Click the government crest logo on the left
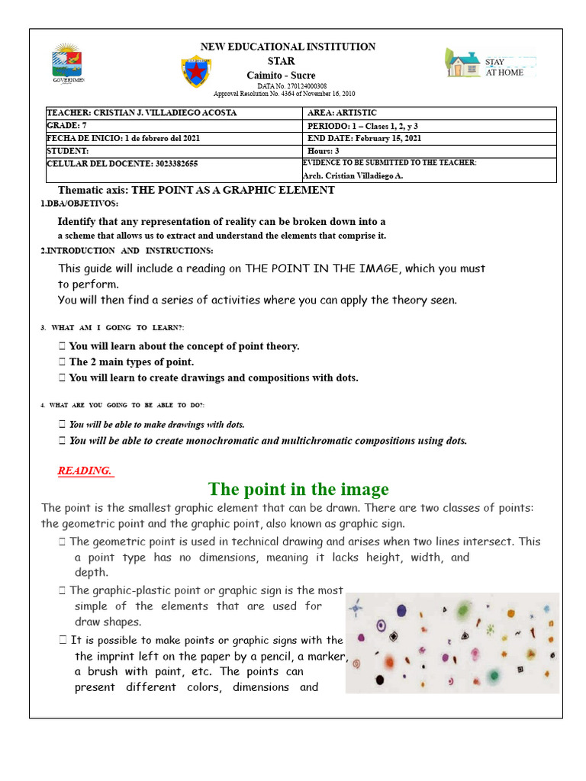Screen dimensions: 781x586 click(68, 63)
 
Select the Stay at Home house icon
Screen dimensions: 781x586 click(463, 63)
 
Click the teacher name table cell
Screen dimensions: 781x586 click(142, 113)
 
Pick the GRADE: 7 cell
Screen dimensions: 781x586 click(69, 126)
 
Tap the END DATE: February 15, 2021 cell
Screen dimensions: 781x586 click(364, 139)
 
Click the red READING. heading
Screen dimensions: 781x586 click(85, 471)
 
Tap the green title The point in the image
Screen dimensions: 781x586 click(298, 489)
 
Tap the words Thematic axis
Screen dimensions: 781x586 click(93, 190)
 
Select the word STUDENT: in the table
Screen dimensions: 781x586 click(68, 152)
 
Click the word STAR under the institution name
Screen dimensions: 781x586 click(281, 61)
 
